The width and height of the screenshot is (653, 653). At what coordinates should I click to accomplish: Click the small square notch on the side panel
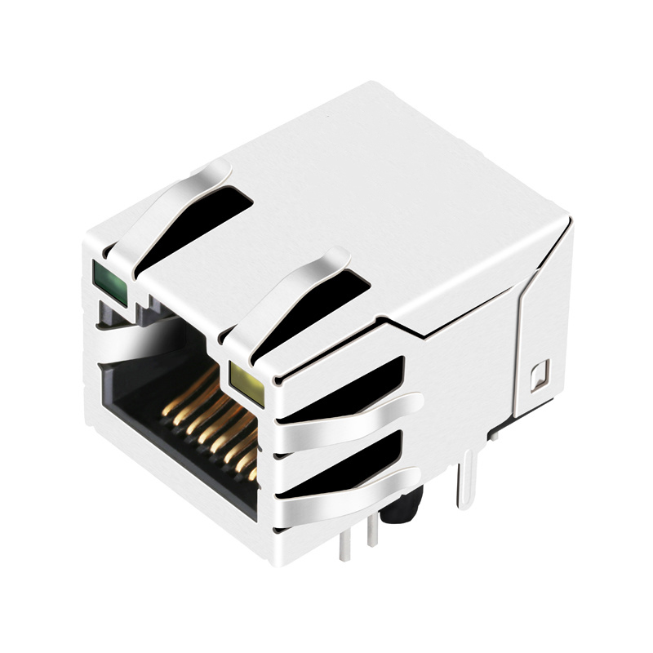[540, 375]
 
